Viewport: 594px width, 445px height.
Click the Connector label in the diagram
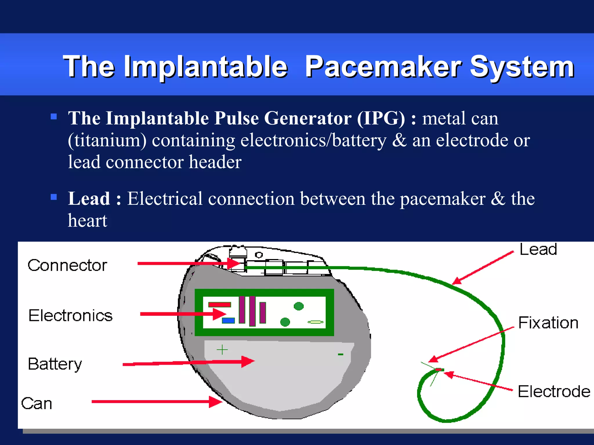[x=67, y=265]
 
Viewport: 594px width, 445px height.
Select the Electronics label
[x=70, y=315]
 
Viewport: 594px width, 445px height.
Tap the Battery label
[x=55, y=364]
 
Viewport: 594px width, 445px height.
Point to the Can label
[x=37, y=403]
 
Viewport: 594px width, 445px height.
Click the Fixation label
[x=548, y=323]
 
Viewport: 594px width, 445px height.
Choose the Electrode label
[x=554, y=392]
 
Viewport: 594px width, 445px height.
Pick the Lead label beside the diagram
[x=538, y=249]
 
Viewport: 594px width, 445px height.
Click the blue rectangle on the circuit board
[x=228, y=321]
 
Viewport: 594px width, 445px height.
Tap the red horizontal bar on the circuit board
[x=220, y=304]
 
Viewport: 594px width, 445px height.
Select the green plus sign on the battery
[x=222, y=350]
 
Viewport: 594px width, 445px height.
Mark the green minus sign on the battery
[x=341, y=354]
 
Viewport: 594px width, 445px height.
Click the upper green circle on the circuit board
[x=299, y=306]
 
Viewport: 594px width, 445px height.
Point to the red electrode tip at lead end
[x=439, y=370]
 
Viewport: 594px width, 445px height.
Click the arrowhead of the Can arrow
[x=216, y=402]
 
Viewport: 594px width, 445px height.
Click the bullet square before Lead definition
[x=54, y=197]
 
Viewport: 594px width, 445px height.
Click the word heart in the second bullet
[x=88, y=221]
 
